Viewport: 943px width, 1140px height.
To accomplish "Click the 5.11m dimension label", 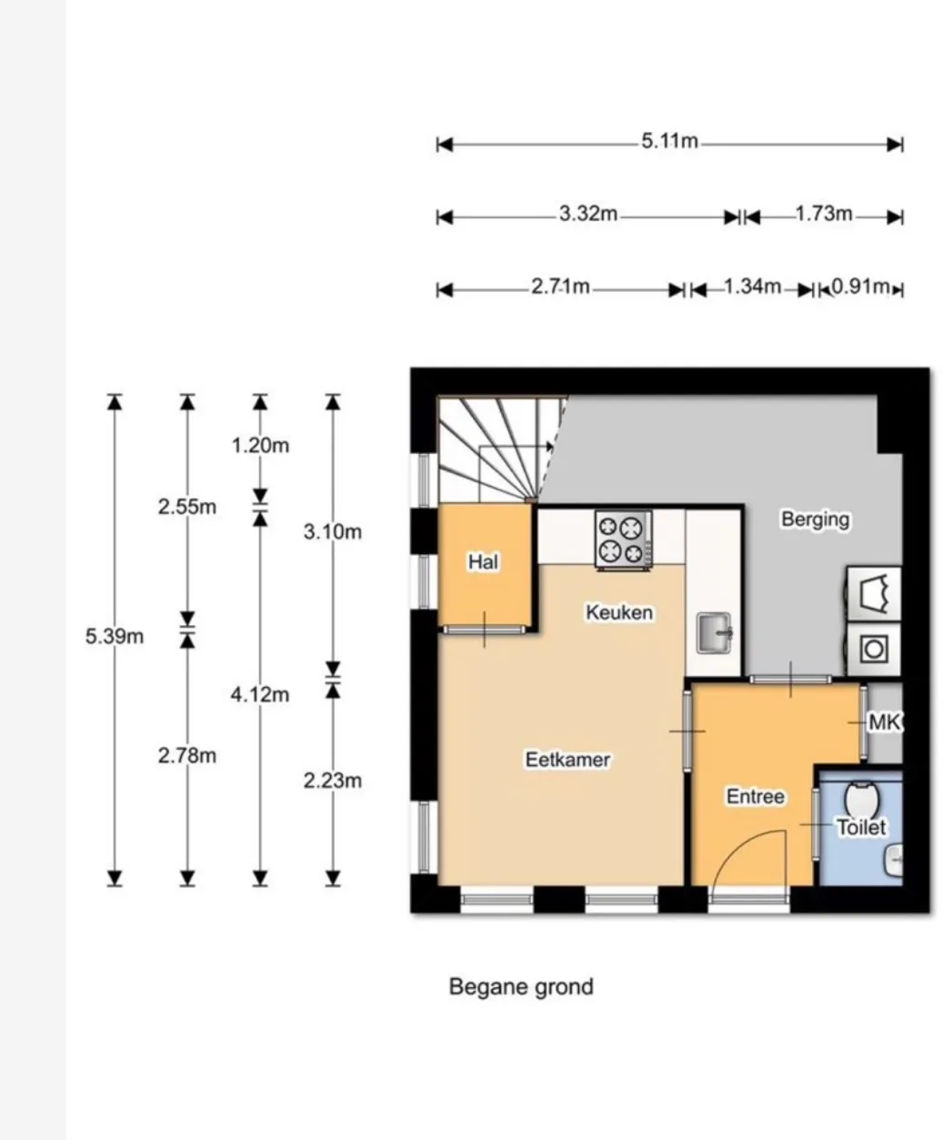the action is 669,141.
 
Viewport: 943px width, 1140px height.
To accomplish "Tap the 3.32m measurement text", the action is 588,214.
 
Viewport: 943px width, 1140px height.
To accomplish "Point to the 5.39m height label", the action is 115,636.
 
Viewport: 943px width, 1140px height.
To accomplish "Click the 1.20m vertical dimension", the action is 260,446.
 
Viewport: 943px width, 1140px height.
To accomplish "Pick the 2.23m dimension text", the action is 333,781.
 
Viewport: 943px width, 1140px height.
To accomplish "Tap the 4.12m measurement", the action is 260,695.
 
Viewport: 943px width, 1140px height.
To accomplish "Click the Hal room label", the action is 484,561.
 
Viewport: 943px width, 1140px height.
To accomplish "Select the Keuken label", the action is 619,612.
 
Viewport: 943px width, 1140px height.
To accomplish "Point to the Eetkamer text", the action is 567,760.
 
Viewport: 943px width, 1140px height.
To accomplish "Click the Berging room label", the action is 816,520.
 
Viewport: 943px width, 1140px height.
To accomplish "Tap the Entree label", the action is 756,797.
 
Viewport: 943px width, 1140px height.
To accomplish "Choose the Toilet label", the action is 862,827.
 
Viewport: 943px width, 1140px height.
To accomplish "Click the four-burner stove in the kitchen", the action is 624,540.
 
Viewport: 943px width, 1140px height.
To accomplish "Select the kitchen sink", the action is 714,633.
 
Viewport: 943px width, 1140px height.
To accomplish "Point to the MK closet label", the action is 885,722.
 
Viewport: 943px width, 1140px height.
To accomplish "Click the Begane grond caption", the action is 521,987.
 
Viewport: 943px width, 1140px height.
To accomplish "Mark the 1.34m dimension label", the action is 753,286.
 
